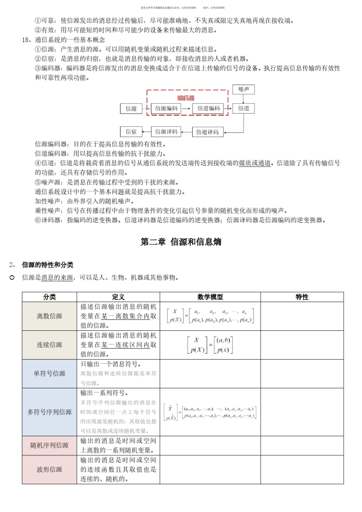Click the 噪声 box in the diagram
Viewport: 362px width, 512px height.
click(243, 90)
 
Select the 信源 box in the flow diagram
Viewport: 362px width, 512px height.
click(131, 109)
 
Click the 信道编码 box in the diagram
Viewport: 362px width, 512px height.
click(208, 109)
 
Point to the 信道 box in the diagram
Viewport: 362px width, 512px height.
click(243, 109)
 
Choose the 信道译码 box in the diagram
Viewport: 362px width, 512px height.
click(208, 132)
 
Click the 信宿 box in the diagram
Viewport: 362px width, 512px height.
click(131, 132)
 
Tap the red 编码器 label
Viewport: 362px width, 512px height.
click(186, 98)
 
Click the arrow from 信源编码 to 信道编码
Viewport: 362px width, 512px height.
click(186, 109)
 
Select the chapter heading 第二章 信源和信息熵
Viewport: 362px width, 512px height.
click(181, 242)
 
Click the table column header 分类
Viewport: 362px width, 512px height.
click(49, 297)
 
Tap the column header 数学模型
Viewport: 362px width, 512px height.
click(210, 297)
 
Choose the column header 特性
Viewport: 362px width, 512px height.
click(302, 297)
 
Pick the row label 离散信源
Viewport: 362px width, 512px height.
click(49, 316)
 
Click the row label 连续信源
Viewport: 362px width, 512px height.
click(49, 345)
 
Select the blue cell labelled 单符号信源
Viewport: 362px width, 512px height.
click(49, 374)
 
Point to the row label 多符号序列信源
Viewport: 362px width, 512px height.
click(49, 412)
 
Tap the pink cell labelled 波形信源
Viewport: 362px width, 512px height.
click(49, 470)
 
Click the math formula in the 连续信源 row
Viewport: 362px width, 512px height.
click(210, 345)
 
